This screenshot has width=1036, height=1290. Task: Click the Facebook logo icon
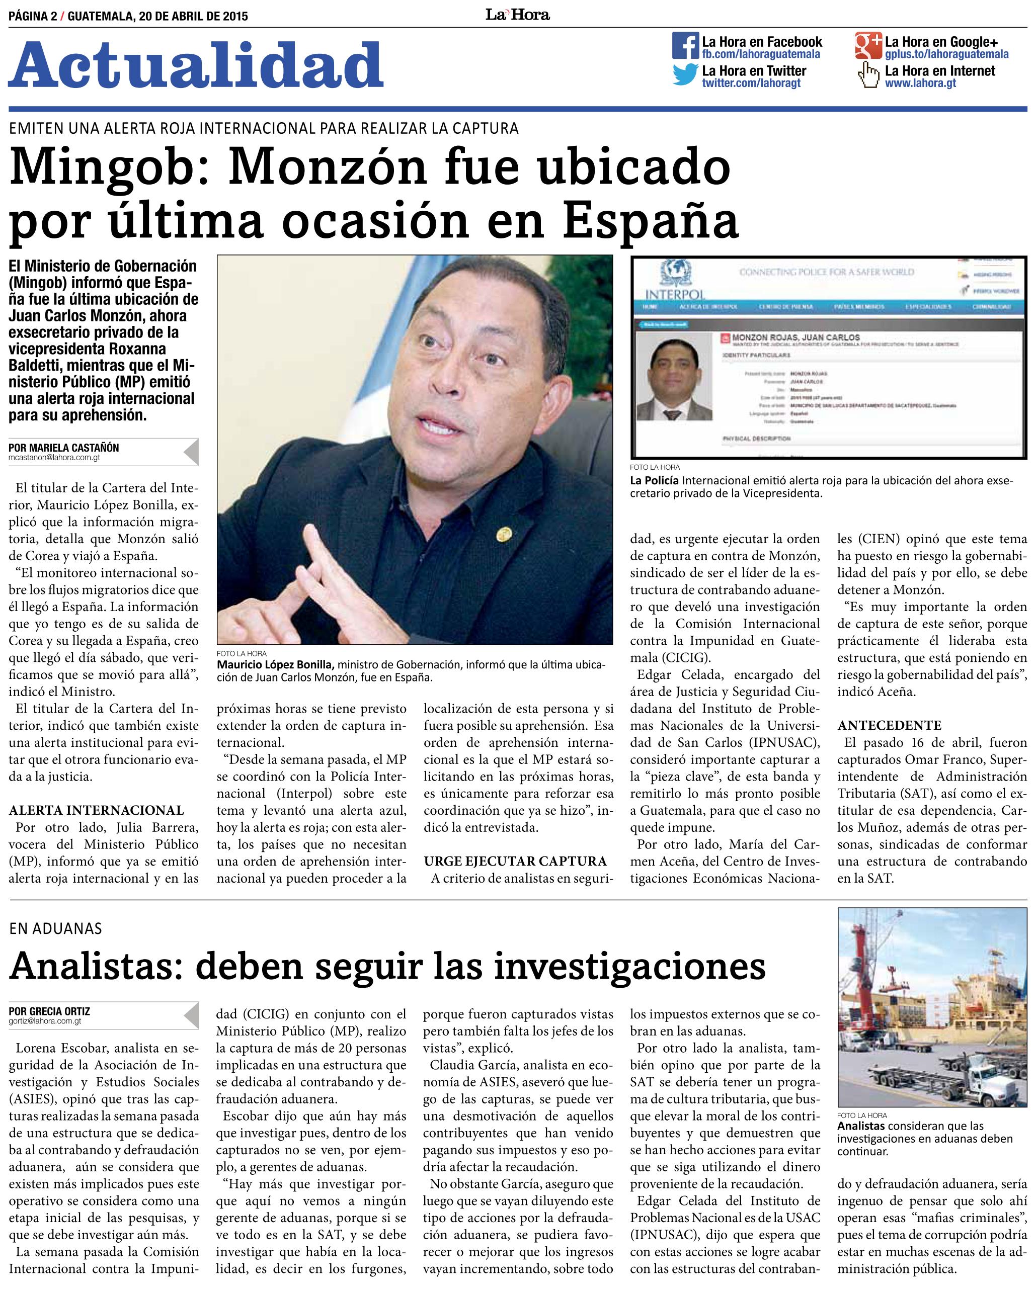(x=686, y=45)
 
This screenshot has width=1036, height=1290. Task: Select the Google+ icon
(x=868, y=45)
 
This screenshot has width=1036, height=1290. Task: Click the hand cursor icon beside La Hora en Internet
(x=867, y=76)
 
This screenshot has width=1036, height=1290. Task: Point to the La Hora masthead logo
(x=517, y=15)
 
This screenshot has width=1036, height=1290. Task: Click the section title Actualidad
(x=195, y=66)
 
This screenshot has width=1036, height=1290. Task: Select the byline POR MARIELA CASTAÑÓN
(x=64, y=448)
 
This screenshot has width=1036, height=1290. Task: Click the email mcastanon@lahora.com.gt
(x=54, y=457)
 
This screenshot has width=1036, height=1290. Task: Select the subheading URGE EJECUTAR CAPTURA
(x=515, y=862)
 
